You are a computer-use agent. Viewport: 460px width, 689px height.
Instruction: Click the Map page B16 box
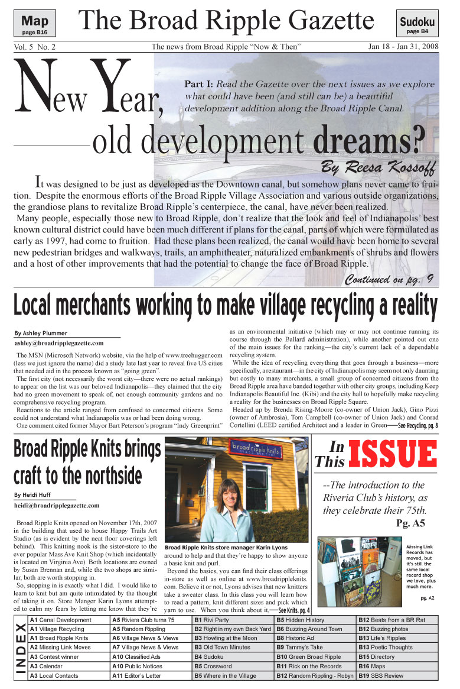pyautogui.click(x=35, y=23)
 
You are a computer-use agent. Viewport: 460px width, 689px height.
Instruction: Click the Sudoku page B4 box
pyautogui.click(x=417, y=24)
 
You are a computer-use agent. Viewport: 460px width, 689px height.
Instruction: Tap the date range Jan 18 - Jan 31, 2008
pyautogui.click(x=403, y=46)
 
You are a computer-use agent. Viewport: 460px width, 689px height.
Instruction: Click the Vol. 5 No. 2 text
pyautogui.click(x=34, y=46)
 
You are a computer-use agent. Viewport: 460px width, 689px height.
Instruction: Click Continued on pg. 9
pyautogui.click(x=390, y=279)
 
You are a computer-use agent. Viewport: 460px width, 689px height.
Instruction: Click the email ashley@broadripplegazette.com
pyautogui.click(x=59, y=342)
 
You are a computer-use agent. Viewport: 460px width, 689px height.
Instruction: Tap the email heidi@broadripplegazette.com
pyautogui.click(x=57, y=505)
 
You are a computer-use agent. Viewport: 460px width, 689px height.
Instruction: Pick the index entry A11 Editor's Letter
pyautogui.click(x=136, y=675)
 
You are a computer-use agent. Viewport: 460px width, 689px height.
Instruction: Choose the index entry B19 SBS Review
pyautogui.click(x=381, y=675)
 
